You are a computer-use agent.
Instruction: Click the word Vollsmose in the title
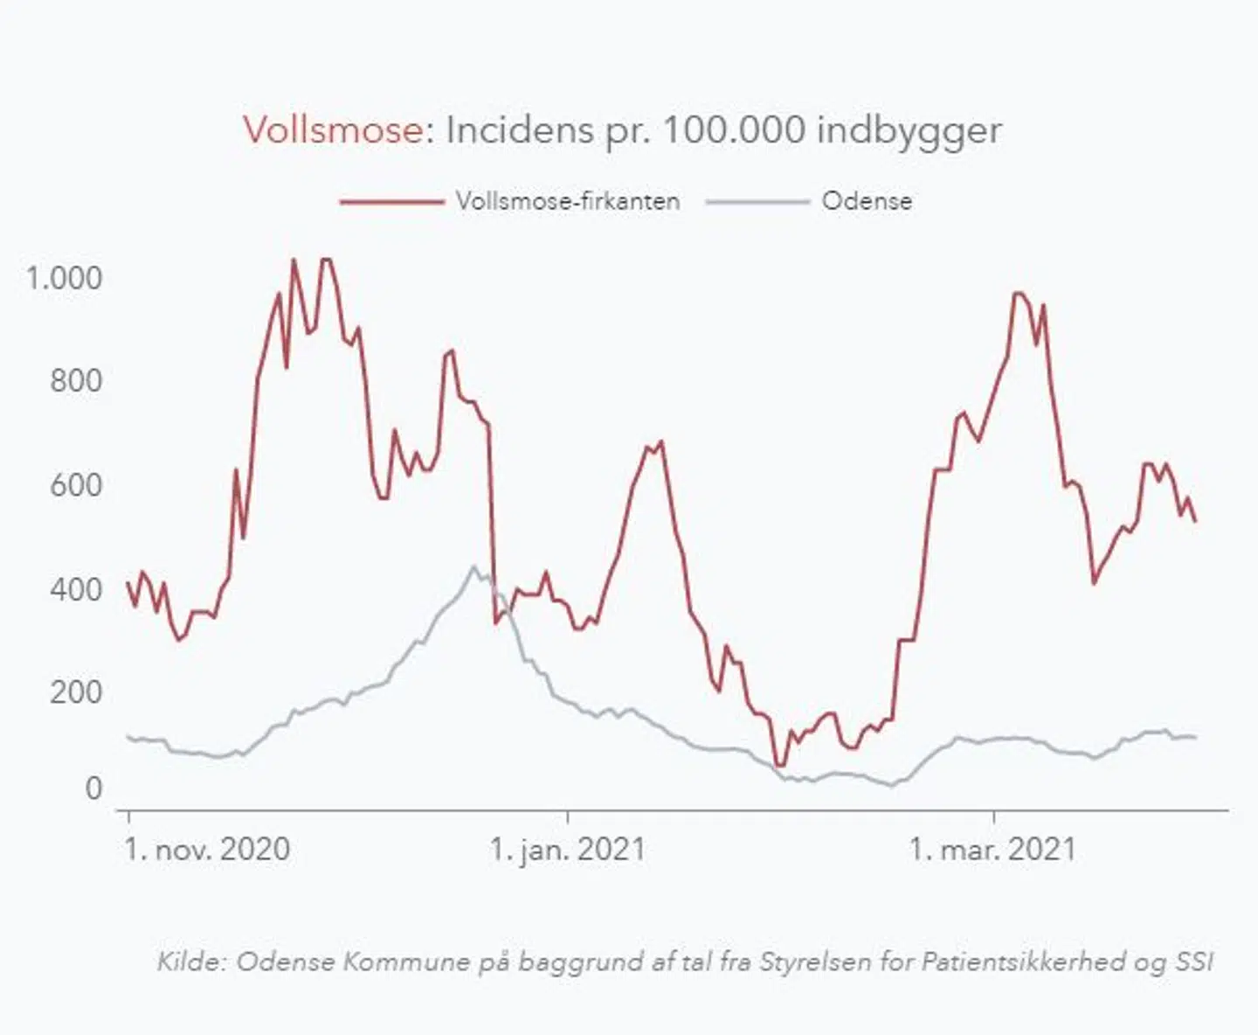click(333, 130)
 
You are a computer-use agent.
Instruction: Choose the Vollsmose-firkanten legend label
click(568, 201)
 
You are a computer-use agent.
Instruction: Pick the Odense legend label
click(867, 201)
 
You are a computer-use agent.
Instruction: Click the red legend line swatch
click(392, 202)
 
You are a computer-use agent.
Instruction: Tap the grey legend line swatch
click(757, 202)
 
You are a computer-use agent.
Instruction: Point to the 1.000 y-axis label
click(64, 278)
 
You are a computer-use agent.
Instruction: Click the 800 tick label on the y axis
click(76, 381)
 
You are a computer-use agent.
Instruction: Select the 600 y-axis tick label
click(76, 485)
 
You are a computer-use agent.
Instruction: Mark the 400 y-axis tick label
click(76, 589)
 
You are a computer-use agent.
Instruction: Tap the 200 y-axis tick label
click(76, 692)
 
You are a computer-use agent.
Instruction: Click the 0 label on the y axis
click(93, 788)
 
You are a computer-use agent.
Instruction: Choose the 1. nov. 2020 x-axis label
click(207, 849)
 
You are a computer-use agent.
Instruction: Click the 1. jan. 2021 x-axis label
click(567, 849)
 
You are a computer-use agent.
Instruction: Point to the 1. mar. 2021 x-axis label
click(992, 849)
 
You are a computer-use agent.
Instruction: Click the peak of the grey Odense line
click(474, 566)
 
